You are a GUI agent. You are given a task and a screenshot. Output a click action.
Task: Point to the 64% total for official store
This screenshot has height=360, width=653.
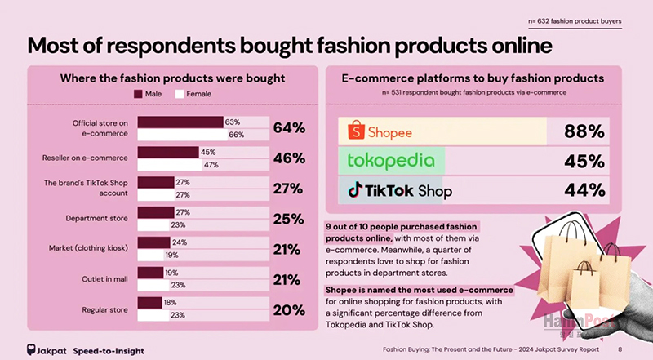pos(289,128)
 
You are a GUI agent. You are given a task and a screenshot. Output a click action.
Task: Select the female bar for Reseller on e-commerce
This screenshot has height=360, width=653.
pos(171,164)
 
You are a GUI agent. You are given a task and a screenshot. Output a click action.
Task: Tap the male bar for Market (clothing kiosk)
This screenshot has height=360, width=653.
pos(154,242)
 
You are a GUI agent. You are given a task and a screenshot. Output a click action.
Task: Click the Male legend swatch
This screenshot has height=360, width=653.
pos(137,94)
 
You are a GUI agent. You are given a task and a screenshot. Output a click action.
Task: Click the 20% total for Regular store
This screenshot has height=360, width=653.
pos(288,309)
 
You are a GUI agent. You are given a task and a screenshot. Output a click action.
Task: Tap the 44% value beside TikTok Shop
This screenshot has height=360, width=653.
pos(584,190)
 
